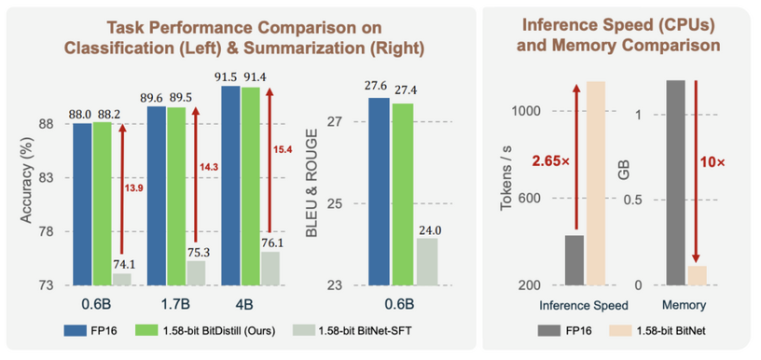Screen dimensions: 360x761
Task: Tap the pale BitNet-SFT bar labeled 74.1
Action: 121,278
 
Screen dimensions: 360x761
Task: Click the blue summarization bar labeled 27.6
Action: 378,190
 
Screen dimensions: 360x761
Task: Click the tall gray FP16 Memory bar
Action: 676,182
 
